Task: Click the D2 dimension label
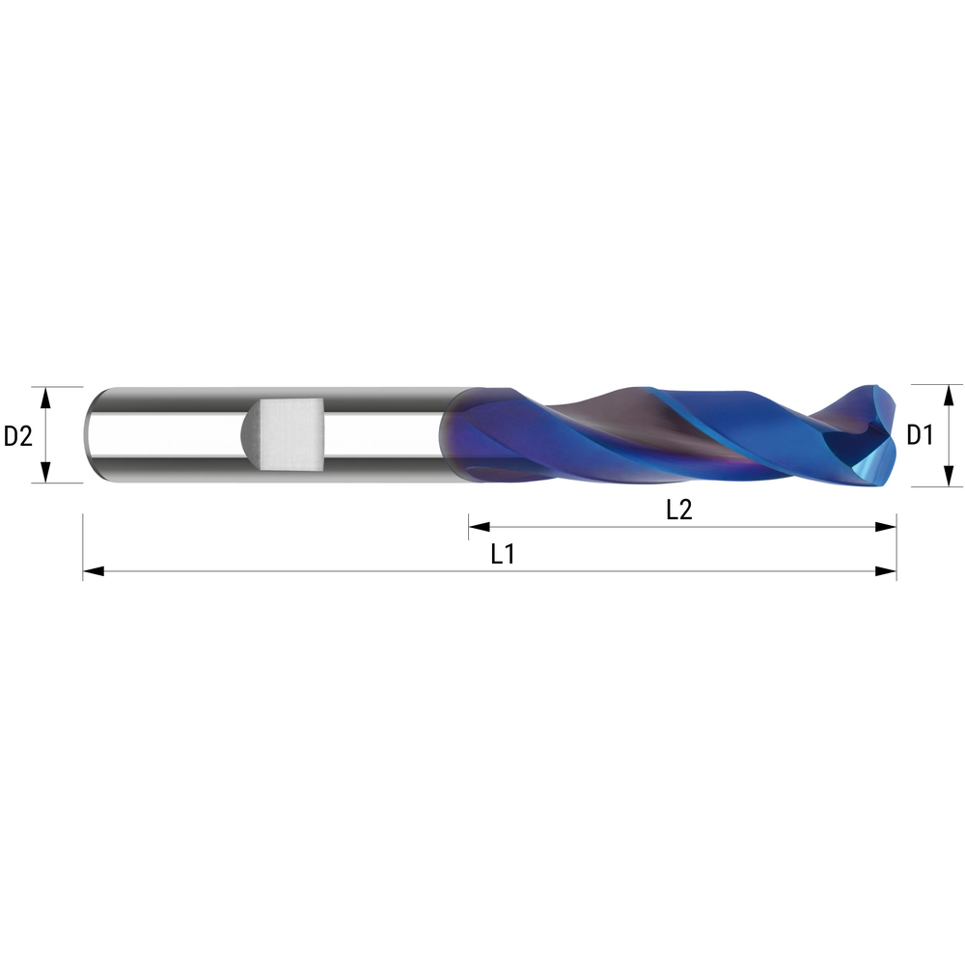[18, 436]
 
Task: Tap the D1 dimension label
[920, 436]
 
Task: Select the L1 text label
[502, 555]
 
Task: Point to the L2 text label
[679, 510]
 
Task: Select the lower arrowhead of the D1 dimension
[949, 477]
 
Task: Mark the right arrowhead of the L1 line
[885, 572]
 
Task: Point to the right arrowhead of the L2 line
[885, 527]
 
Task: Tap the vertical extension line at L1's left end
[83, 545]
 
